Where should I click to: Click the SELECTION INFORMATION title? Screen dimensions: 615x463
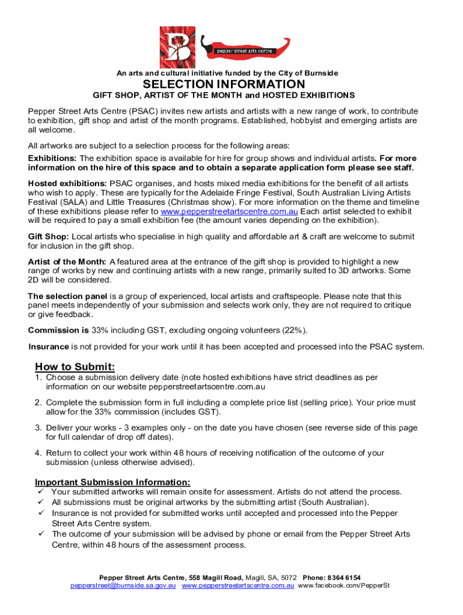click(x=224, y=84)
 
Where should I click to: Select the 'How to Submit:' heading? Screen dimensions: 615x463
click(x=75, y=367)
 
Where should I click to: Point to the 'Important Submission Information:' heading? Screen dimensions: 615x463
click(x=112, y=482)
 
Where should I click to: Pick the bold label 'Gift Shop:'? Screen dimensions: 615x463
click(x=48, y=237)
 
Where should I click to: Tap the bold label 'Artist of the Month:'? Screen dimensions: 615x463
click(x=67, y=262)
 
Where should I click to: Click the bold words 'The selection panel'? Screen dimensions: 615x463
click(x=67, y=296)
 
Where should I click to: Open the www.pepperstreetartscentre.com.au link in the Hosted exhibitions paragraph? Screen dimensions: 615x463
click(x=228, y=211)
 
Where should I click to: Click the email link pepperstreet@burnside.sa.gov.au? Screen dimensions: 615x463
click(x=123, y=585)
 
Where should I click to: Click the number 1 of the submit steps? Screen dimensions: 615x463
click(x=37, y=378)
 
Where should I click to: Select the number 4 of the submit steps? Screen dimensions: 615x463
click(x=37, y=453)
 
